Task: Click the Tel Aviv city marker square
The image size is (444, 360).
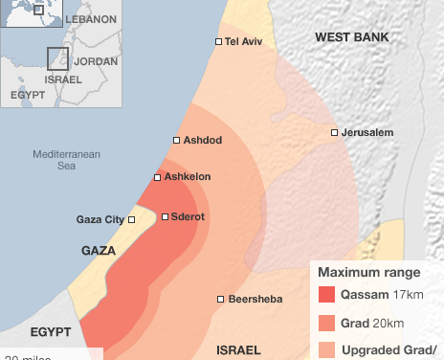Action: click(219, 41)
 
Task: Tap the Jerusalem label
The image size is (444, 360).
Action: click(366, 132)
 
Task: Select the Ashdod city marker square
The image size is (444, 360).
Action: click(177, 140)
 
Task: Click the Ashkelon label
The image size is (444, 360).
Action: click(189, 177)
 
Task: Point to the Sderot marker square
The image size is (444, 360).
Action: click(166, 217)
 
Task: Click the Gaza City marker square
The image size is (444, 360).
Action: click(132, 219)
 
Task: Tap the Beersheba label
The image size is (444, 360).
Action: click(255, 300)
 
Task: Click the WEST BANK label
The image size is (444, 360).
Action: click(352, 36)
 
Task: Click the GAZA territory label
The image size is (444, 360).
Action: click(99, 250)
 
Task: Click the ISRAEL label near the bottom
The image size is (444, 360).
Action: click(239, 349)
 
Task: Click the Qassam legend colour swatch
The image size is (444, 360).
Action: click(326, 295)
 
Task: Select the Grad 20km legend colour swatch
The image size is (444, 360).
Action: click(326, 323)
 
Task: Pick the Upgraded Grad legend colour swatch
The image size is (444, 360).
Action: click(326, 349)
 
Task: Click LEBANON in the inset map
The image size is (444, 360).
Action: click(90, 18)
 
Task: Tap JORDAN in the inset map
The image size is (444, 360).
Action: click(96, 60)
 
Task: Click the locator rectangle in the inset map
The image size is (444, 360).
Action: click(57, 58)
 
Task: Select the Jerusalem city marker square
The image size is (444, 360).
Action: click(334, 132)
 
